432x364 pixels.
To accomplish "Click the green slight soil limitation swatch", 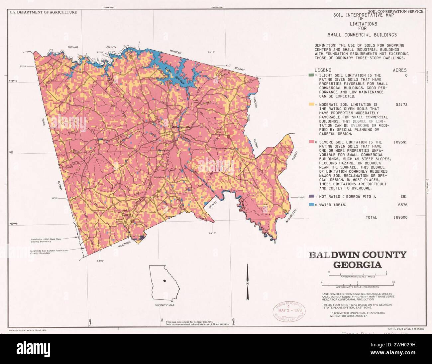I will [x=311, y=76].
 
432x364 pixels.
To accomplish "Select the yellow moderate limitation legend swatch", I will [x=311, y=104].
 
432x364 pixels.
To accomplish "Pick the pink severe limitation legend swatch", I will [x=311, y=142].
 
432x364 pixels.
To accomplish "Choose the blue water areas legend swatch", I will [x=311, y=205].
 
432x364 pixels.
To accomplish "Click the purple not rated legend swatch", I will [x=311, y=197].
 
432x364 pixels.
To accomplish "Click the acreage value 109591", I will [x=400, y=142].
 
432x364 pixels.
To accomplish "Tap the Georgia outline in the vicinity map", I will [x=164, y=282].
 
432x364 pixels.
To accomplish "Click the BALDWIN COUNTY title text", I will [x=358, y=255].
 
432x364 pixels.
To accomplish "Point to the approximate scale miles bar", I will [x=358, y=273].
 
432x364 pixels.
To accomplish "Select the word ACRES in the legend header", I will [x=399, y=70].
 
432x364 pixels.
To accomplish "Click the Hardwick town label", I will [x=163, y=150].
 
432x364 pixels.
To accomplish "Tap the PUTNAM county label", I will [x=72, y=47].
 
